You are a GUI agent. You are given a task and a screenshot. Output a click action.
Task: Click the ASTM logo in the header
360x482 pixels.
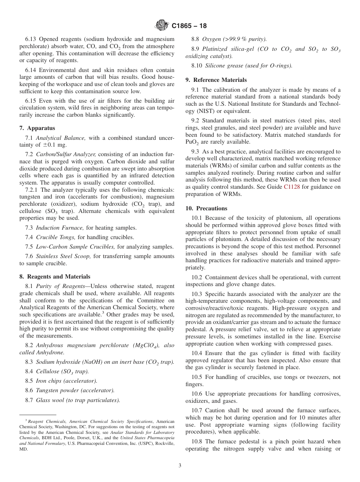click(x=162, y=26)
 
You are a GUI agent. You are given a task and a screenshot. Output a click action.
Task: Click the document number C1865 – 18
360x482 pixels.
click(x=189, y=26)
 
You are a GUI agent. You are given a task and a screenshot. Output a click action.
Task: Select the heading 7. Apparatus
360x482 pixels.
click(x=37, y=128)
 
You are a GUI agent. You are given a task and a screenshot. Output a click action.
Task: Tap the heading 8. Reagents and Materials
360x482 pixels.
click(x=55, y=277)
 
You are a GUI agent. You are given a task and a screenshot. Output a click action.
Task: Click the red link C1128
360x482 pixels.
click(x=291, y=187)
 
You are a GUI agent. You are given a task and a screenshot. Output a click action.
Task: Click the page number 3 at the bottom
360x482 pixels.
click(x=180, y=465)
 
